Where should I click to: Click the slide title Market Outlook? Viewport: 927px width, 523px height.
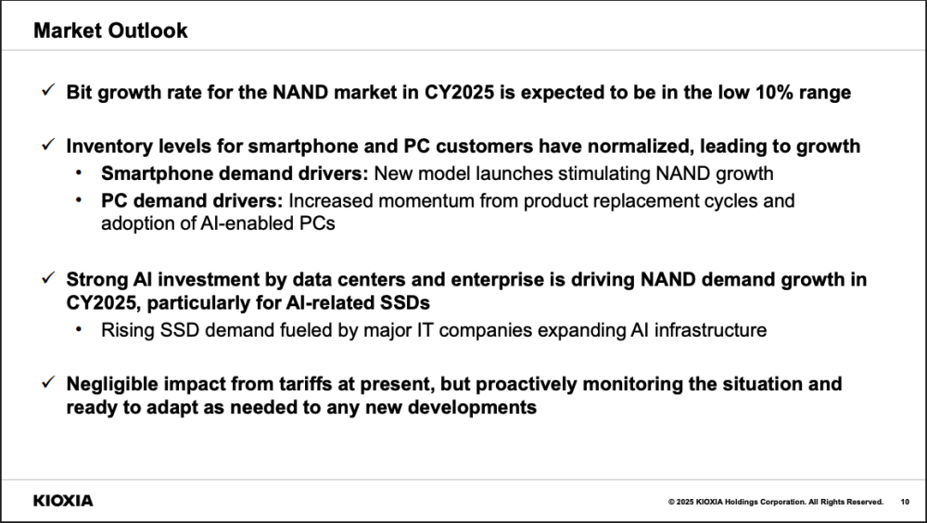click(110, 31)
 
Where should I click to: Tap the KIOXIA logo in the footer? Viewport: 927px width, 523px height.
click(63, 501)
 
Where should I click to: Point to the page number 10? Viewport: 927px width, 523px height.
click(905, 502)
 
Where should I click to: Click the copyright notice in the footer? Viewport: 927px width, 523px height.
click(776, 502)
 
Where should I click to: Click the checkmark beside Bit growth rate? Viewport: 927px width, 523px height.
click(48, 90)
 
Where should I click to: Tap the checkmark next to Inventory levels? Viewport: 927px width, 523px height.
click(48, 144)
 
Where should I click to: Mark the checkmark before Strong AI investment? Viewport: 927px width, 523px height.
click(48, 277)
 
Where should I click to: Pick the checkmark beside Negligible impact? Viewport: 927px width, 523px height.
click(48, 382)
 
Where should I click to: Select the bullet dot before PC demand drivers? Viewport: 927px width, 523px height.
click(79, 200)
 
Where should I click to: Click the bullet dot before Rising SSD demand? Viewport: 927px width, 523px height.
click(79, 328)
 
